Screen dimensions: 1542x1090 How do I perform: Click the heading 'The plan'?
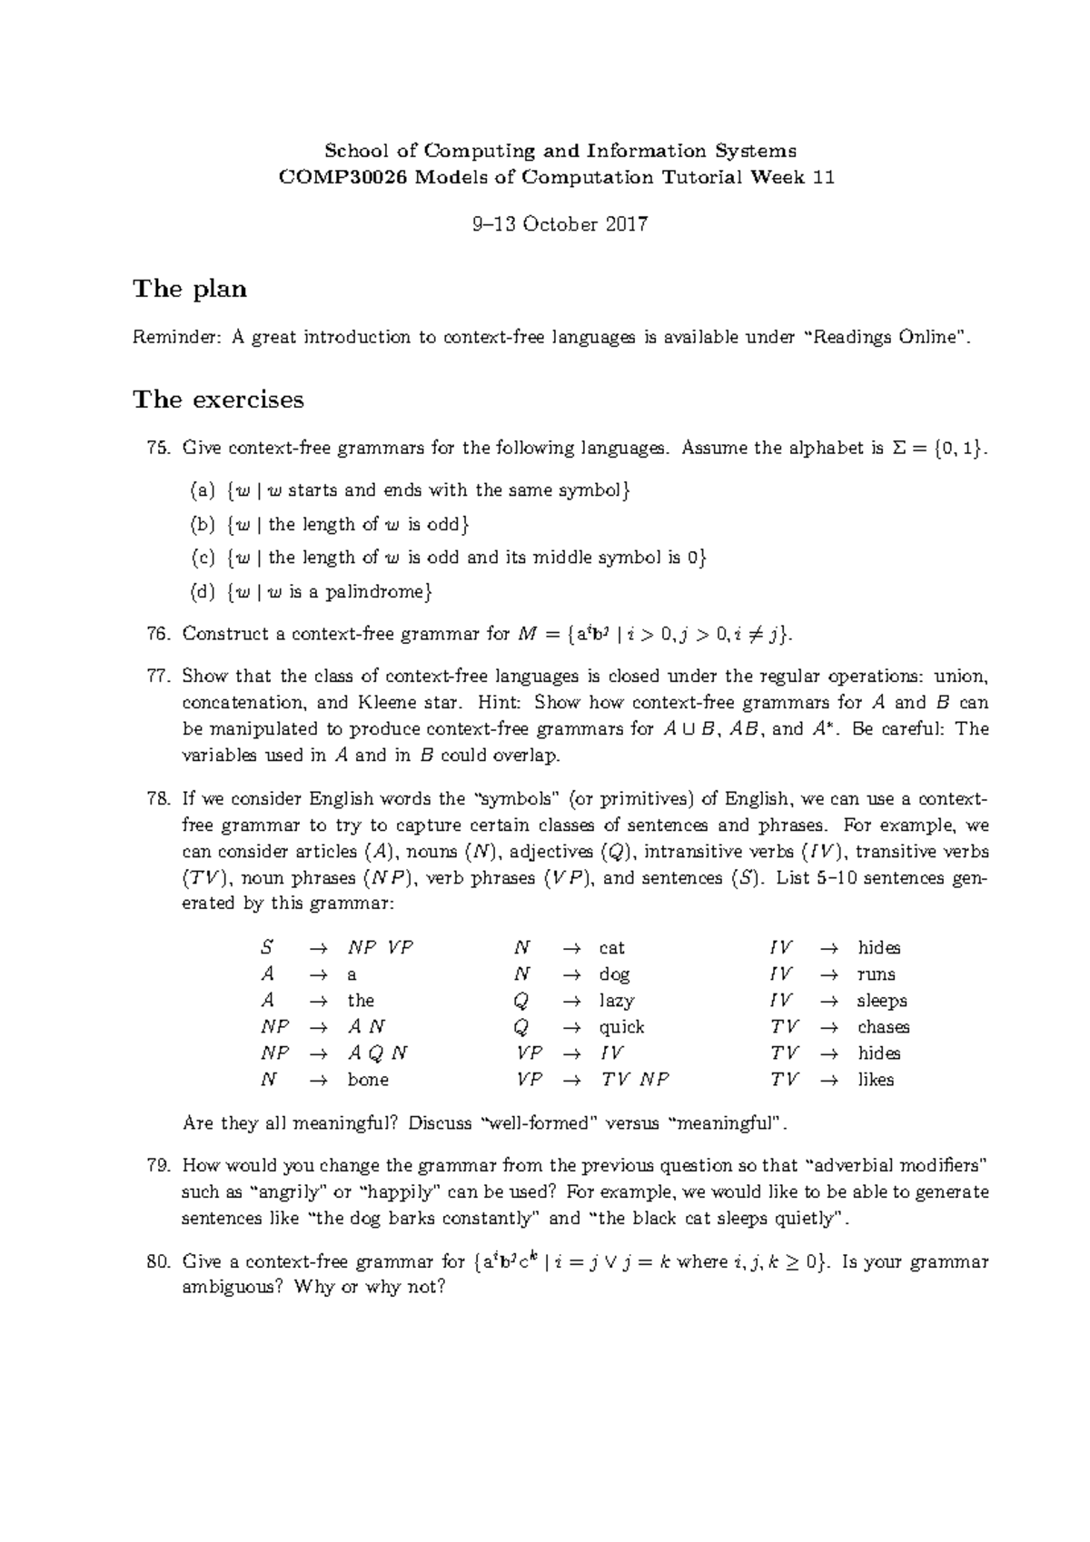click(190, 290)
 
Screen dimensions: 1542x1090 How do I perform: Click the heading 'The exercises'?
click(218, 400)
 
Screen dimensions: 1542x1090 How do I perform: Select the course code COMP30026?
click(343, 177)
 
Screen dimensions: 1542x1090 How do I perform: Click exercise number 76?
click(157, 634)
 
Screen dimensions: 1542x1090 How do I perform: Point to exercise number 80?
click(157, 1261)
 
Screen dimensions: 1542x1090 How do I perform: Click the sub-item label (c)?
click(202, 558)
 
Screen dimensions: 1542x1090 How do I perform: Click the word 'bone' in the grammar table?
click(368, 1080)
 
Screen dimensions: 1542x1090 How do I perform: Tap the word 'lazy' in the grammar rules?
click(617, 1001)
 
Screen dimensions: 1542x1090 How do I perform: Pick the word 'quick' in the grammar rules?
click(621, 1027)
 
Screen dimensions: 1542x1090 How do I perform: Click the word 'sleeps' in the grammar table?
click(882, 1001)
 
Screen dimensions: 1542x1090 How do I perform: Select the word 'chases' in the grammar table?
click(883, 1027)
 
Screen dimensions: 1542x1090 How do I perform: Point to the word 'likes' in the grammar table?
click(876, 1080)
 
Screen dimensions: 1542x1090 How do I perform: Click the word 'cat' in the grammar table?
click(611, 948)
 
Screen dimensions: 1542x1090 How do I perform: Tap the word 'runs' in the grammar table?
click(876, 974)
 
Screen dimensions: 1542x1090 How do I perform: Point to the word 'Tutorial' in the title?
click(700, 177)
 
